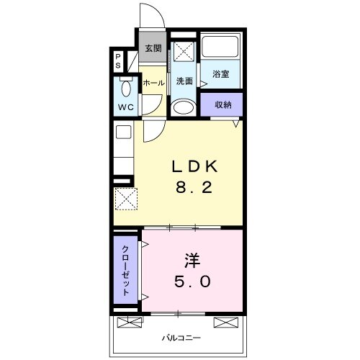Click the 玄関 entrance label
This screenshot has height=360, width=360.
pyautogui.click(x=153, y=48)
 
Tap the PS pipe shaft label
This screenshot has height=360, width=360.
pyautogui.click(x=118, y=61)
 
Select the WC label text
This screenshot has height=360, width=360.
pyautogui.click(x=126, y=107)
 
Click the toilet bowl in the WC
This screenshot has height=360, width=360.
pyautogui.click(x=126, y=88)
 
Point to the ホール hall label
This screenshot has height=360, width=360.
pyautogui.click(x=154, y=83)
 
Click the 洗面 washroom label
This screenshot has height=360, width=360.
pyautogui.click(x=184, y=81)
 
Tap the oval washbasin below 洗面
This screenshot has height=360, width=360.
pyautogui.click(x=184, y=107)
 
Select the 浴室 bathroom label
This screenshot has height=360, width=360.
pyautogui.click(x=220, y=74)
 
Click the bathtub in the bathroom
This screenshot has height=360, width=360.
pyautogui.click(x=220, y=47)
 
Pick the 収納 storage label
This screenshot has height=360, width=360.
pyautogui.click(x=223, y=105)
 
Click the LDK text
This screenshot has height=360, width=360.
pyautogui.click(x=194, y=166)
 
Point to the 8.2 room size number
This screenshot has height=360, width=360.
pyautogui.click(x=194, y=187)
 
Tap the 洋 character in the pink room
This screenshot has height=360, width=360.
pyautogui.click(x=192, y=261)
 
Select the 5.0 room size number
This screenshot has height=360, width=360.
pyautogui.click(x=192, y=282)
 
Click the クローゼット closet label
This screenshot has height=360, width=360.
pyautogui.click(x=126, y=271)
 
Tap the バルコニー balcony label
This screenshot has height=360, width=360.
pyautogui.click(x=181, y=338)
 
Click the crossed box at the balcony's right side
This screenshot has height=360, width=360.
pyautogui.click(x=226, y=323)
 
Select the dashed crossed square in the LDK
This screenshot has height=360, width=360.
pyautogui.click(x=126, y=199)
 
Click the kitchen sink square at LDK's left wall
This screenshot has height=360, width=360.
pyautogui.click(x=124, y=132)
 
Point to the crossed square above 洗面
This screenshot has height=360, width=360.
pyautogui.click(x=184, y=52)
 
